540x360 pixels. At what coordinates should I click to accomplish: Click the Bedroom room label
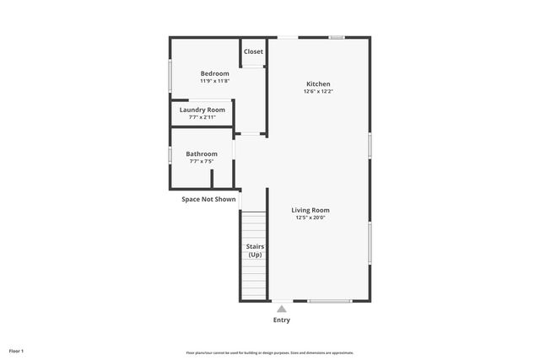[214, 73]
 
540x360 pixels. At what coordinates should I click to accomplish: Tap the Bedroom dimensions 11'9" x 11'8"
[214, 81]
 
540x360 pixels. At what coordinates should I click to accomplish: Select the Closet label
[253, 51]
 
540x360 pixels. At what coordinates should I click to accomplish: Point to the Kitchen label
[318, 83]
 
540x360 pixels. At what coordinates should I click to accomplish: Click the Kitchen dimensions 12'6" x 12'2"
[318, 91]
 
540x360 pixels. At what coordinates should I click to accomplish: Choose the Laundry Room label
[202, 110]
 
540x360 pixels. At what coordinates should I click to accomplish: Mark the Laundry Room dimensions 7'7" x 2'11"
[202, 117]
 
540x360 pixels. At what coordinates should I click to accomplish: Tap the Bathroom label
[202, 153]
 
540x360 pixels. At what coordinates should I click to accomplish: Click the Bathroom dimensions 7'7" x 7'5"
[202, 161]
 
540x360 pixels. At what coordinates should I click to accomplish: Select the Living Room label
[310, 210]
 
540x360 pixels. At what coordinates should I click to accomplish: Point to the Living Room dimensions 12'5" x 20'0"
[310, 218]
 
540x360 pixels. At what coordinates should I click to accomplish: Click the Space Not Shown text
[208, 199]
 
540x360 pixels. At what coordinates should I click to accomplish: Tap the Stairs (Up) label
[254, 250]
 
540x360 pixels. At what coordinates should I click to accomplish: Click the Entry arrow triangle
[282, 309]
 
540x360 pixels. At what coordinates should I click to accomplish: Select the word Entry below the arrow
[282, 320]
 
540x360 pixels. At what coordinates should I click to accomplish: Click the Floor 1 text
[17, 350]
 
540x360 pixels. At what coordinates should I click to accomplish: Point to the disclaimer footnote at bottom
[270, 352]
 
